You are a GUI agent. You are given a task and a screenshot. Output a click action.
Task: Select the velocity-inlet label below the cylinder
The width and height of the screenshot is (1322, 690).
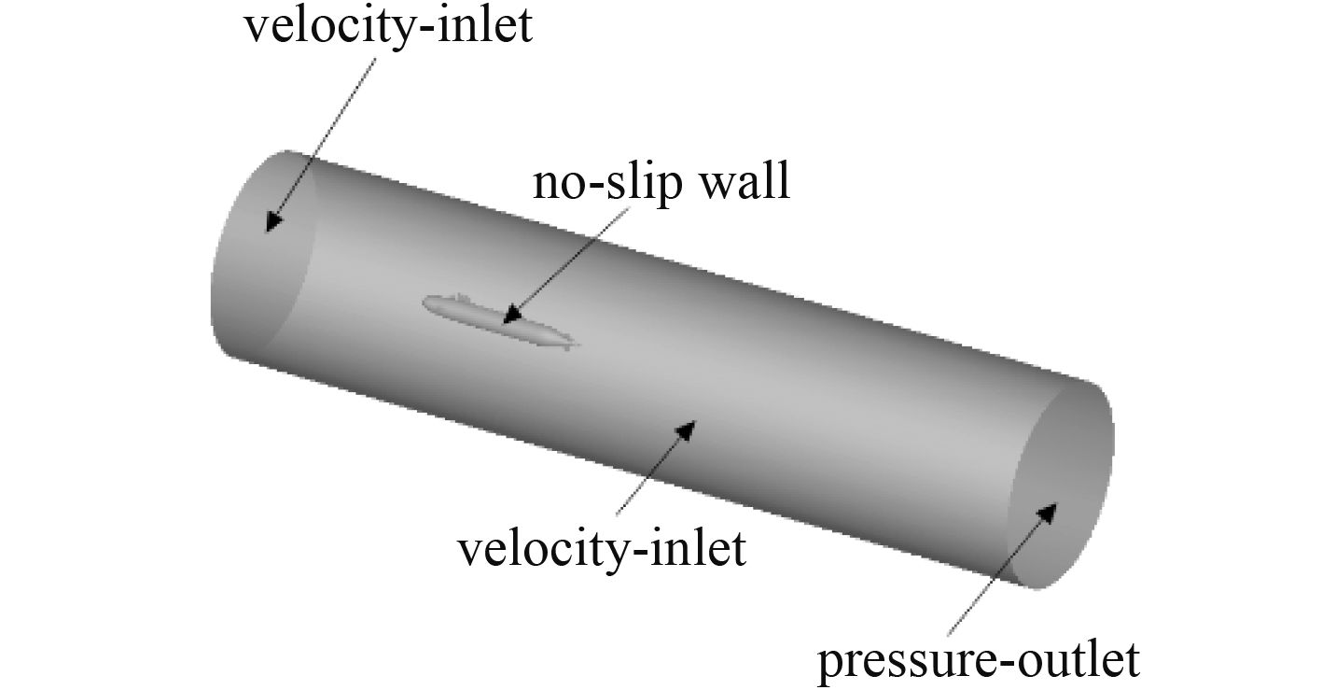click(602, 549)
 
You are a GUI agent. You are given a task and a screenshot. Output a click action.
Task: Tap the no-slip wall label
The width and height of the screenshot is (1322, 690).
click(661, 183)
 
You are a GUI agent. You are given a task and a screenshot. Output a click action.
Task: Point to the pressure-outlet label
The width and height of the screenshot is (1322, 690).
click(979, 661)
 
